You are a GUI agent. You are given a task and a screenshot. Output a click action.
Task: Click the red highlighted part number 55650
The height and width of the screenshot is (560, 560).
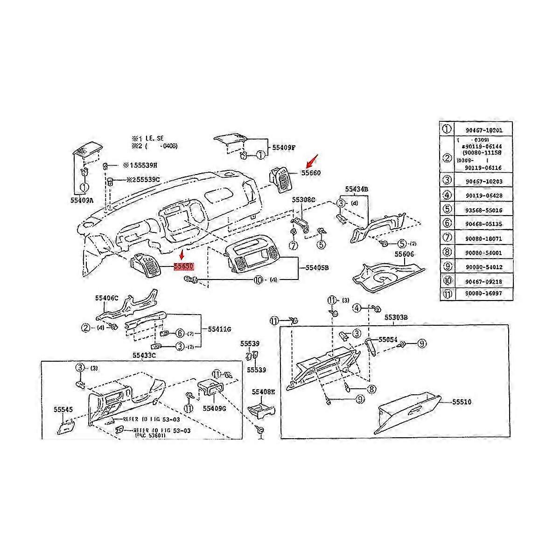[183, 266]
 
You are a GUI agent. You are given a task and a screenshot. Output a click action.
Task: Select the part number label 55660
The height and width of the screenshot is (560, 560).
[311, 173]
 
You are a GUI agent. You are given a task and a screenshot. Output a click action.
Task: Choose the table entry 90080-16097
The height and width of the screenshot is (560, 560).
[483, 294]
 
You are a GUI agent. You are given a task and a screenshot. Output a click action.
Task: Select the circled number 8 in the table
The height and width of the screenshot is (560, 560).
[447, 252]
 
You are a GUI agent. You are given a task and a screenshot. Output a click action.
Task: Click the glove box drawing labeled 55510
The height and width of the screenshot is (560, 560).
[406, 413]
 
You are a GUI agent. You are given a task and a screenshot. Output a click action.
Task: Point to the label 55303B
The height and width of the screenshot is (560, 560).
[396, 317]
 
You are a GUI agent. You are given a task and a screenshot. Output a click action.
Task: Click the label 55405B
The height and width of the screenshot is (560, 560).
[317, 267]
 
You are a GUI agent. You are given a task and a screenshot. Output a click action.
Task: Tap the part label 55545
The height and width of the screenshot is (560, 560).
[63, 409]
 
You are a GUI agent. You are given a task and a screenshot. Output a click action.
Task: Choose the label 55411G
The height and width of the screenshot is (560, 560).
[219, 329]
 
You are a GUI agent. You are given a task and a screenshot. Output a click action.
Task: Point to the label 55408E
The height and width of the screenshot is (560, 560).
[264, 392]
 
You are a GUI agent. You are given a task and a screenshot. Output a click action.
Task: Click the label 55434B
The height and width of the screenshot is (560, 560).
[357, 189]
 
